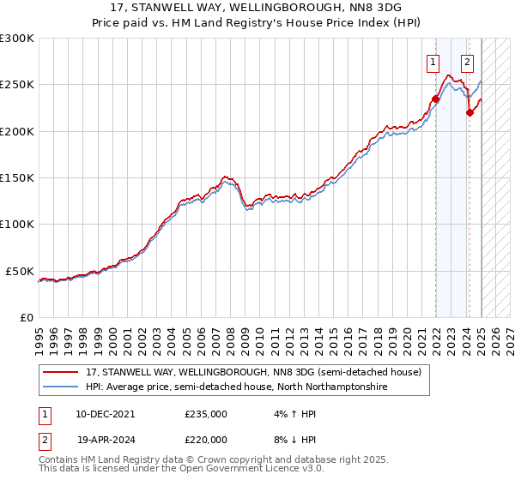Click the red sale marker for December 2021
point(435,99)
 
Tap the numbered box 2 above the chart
point(467,62)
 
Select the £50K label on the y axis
point(21,271)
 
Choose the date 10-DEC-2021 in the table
point(105,413)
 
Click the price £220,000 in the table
point(206,439)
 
